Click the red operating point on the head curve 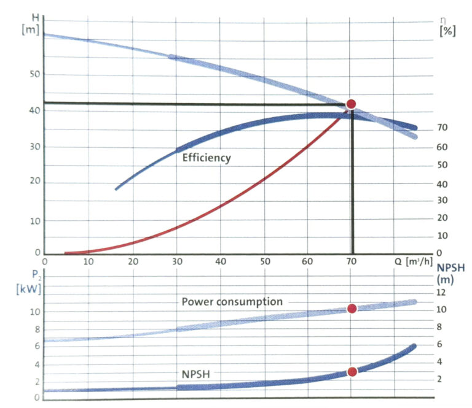click(x=351, y=104)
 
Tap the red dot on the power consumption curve click(x=352, y=309)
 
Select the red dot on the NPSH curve click(x=352, y=372)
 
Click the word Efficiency click(x=206, y=158)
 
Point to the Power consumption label click(x=232, y=302)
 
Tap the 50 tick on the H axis click(x=35, y=74)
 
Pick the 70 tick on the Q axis click(x=351, y=262)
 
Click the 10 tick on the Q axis click(x=88, y=262)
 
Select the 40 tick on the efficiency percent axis click(x=442, y=184)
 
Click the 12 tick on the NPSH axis click(x=440, y=293)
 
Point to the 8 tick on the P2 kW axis click(x=36, y=329)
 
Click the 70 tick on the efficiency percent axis click(x=442, y=128)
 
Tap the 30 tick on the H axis click(x=35, y=147)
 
